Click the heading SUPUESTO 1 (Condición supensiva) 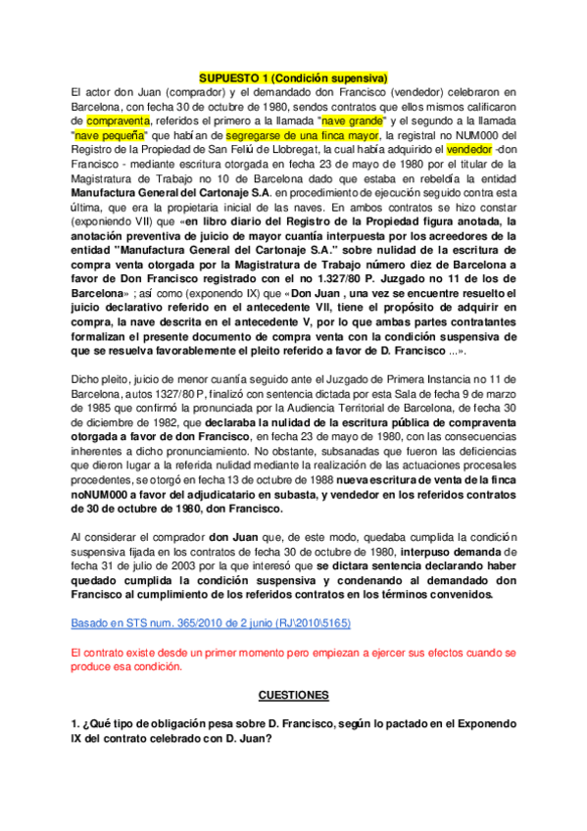[294, 76]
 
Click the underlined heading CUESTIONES [294, 695]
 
